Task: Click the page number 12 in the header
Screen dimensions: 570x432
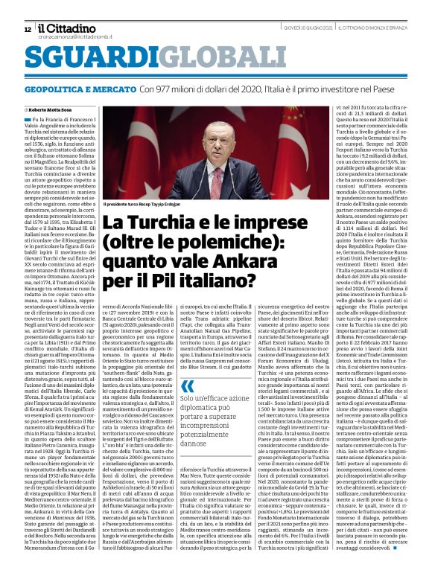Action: click(x=28, y=29)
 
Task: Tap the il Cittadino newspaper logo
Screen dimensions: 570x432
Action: click(x=66, y=27)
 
